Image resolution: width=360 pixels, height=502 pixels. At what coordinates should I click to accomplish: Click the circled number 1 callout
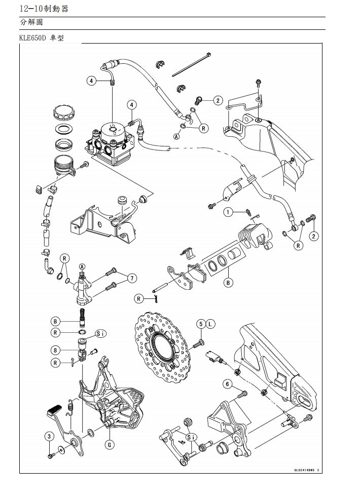tap(229, 212)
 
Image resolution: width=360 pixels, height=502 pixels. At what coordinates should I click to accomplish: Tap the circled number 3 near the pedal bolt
tap(49, 436)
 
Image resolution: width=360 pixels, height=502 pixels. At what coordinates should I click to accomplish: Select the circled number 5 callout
tap(201, 323)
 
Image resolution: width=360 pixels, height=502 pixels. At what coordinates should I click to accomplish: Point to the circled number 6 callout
tap(228, 384)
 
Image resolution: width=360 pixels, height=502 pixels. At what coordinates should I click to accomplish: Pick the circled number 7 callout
tap(131, 278)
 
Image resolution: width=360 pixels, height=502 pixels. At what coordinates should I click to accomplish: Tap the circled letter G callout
tap(110, 444)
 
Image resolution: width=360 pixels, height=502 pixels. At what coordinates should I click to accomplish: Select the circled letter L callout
tap(211, 323)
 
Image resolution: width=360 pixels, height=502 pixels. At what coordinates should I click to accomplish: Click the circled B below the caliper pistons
tap(229, 283)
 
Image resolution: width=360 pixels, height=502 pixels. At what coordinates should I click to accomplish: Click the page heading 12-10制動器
tap(43, 9)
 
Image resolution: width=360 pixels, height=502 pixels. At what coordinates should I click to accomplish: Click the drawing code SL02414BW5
tap(305, 470)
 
